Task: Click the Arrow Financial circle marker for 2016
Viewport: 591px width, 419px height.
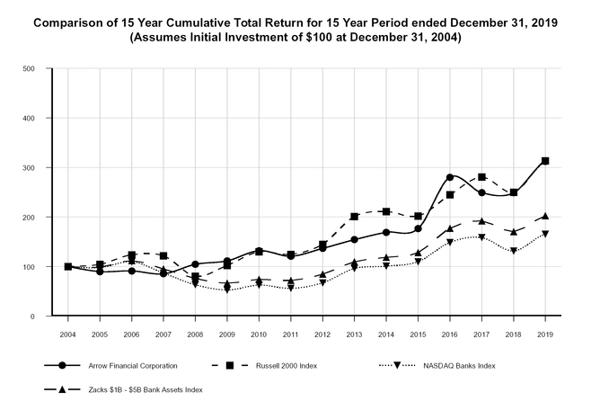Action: [449, 177]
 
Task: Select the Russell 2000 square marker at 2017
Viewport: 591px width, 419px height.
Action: [481, 177]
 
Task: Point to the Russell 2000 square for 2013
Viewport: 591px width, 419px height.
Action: [354, 217]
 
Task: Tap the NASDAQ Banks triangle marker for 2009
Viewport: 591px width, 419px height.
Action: [227, 290]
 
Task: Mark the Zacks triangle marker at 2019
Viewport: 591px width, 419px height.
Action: [545, 216]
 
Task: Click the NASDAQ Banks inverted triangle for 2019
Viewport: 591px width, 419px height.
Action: [545, 234]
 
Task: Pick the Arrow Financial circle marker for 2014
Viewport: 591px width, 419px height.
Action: [386, 232]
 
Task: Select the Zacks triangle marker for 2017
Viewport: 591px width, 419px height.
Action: [481, 221]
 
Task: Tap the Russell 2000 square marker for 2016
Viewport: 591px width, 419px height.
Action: [449, 195]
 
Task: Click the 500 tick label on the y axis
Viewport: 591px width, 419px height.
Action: [28, 68]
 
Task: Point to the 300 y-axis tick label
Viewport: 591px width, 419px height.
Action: [28, 168]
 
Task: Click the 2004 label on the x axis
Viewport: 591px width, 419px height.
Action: [67, 334]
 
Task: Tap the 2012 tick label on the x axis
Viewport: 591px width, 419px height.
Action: [322, 334]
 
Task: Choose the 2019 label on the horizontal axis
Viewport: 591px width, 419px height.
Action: [545, 334]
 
